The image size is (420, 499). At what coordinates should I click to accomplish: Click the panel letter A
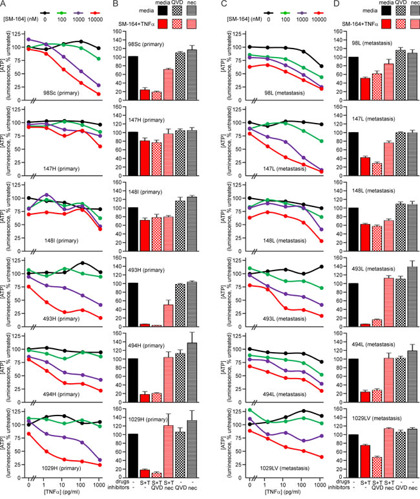(5, 6)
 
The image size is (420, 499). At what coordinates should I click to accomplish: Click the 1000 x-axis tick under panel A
(98, 484)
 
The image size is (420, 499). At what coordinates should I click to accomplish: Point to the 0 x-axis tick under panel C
(251, 484)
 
